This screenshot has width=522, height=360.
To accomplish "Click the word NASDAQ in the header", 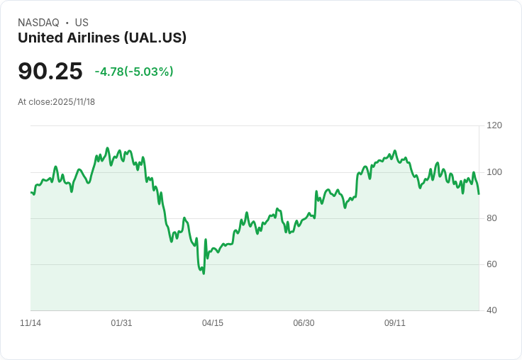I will [38, 23].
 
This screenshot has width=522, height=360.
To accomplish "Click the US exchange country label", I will [82, 23].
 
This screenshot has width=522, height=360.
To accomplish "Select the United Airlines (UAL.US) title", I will [102, 38].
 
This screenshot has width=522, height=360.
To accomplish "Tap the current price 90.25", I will [50, 71].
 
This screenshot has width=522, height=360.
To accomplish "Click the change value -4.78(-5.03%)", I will [134, 72].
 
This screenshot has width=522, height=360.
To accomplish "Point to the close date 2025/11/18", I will [74, 102].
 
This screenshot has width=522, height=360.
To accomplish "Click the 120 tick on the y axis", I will [494, 125].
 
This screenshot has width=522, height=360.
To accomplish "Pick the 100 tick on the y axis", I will [494, 172].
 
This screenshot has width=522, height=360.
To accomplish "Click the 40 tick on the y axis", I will [492, 310].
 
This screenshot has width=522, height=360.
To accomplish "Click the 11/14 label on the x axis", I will [30, 323].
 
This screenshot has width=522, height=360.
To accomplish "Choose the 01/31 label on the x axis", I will [121, 323].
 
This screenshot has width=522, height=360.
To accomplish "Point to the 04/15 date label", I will [213, 323].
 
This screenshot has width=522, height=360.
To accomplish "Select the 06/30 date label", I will [304, 323].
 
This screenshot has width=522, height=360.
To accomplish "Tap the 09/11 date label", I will [395, 323].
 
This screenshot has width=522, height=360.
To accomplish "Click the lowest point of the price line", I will [204, 274].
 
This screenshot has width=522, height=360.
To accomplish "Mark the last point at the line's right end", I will [479, 193].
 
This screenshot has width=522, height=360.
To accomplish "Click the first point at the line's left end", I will [30, 192].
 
